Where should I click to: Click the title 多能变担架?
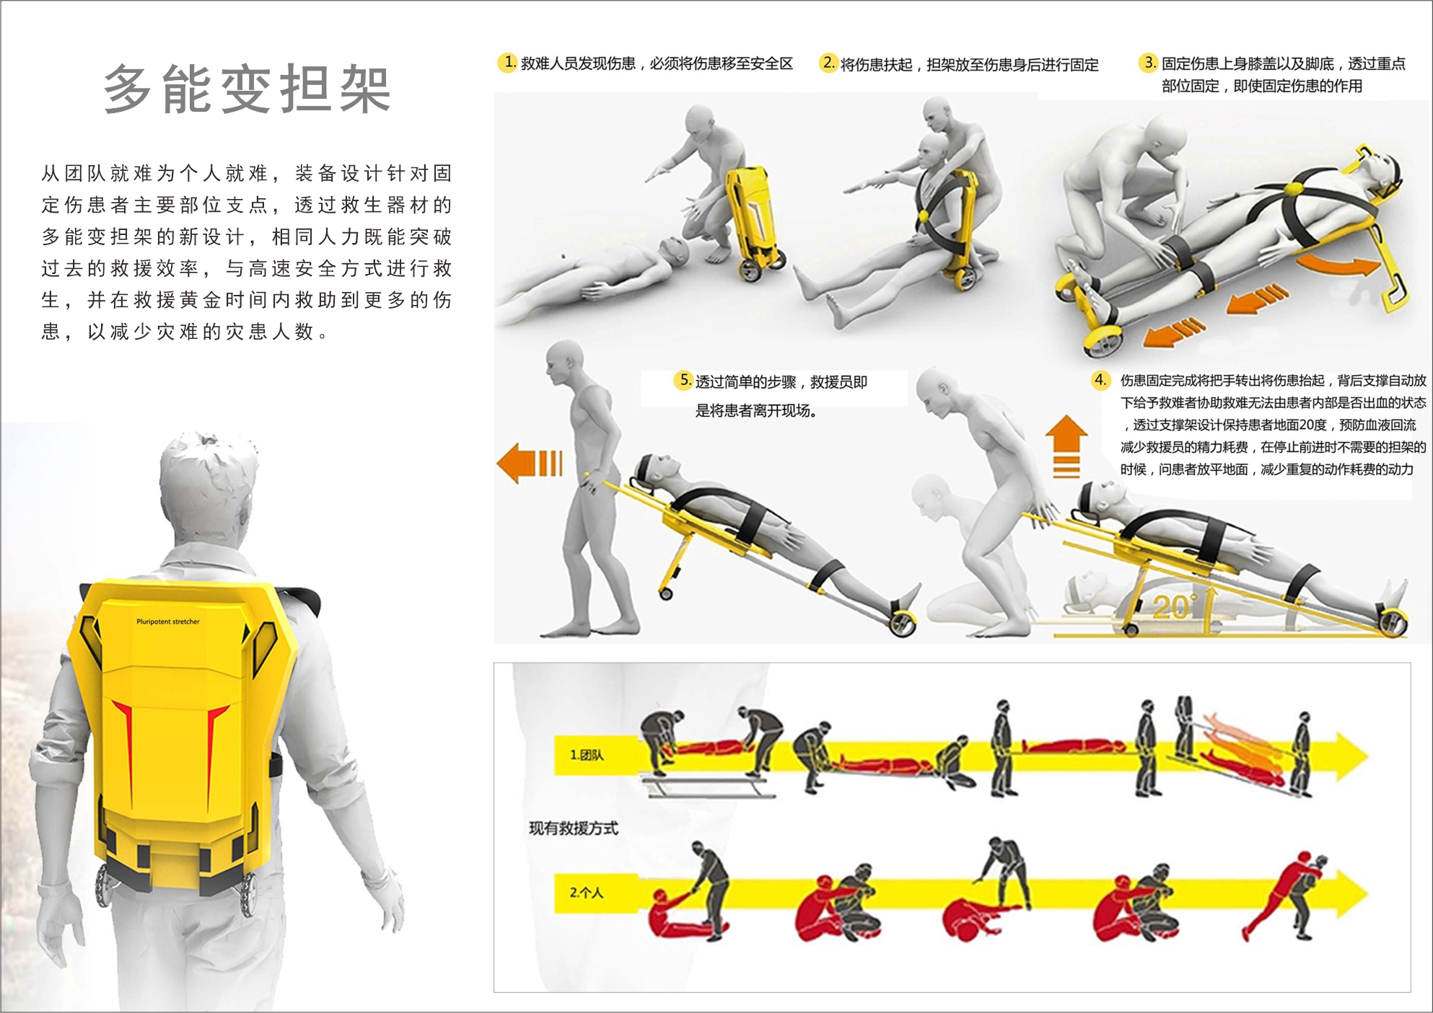pyautogui.click(x=247, y=89)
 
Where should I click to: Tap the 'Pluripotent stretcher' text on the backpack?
pyautogui.click(x=168, y=621)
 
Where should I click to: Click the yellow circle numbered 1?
pyautogui.click(x=509, y=63)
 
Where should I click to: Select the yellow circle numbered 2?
pyautogui.click(x=828, y=63)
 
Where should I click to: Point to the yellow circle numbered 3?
pyautogui.click(x=1148, y=63)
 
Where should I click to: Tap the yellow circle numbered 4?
pyautogui.click(x=1100, y=379)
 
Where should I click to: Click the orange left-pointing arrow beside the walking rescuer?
pyautogui.click(x=530, y=462)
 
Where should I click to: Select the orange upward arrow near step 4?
pyautogui.click(x=1066, y=446)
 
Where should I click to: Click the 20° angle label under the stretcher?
pyautogui.click(x=1175, y=607)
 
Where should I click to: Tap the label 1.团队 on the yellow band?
pyautogui.click(x=587, y=755)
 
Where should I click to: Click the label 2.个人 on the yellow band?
pyautogui.click(x=587, y=893)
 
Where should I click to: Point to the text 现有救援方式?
pyautogui.click(x=574, y=828)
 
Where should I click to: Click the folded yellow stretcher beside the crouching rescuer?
pyautogui.click(x=754, y=220)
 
